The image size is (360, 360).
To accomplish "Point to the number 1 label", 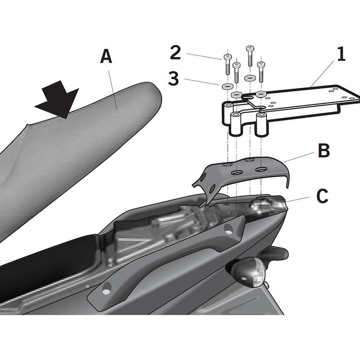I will pos(341,55).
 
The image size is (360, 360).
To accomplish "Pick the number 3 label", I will pos(174,79).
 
